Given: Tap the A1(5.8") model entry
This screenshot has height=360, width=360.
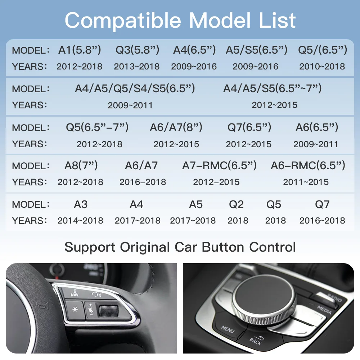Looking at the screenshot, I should click(80, 50).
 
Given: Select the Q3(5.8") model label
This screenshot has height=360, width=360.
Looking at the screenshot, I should click(136, 50).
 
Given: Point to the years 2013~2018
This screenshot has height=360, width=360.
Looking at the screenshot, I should click(136, 67).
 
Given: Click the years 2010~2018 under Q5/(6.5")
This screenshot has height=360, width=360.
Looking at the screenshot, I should click(322, 67).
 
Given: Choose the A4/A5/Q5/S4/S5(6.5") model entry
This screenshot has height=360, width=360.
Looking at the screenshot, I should click(135, 89).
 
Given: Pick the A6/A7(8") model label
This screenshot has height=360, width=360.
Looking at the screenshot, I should click(176, 127).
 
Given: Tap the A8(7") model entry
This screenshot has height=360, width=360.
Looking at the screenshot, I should click(81, 166).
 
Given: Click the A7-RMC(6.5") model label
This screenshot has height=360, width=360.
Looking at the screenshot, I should click(219, 166).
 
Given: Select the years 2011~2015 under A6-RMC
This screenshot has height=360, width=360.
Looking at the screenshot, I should click(306, 182).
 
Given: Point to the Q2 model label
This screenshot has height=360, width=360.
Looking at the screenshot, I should click(236, 204).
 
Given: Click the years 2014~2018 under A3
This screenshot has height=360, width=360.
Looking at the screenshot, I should click(80, 221).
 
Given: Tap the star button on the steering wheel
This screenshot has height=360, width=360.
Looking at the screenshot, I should click(75, 310).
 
